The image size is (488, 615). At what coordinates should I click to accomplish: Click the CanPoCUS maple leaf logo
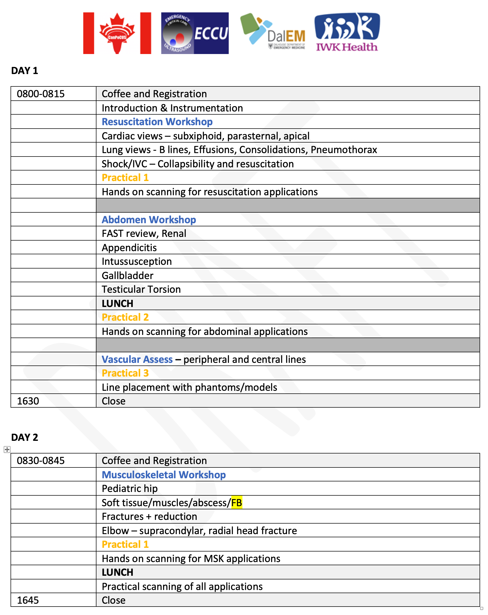117,33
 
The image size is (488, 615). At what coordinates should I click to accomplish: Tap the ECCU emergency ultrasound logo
194,33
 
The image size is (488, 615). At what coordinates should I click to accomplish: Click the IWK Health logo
347,32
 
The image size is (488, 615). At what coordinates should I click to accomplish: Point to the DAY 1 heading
25,71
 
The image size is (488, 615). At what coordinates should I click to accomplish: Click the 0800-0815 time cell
41,94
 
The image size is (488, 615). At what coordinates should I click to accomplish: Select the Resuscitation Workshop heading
157,122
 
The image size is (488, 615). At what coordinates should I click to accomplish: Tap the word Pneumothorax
344,150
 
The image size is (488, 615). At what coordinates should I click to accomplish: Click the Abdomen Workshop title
149,220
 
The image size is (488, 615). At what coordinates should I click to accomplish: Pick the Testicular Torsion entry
141,290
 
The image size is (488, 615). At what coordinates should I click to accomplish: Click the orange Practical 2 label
125,317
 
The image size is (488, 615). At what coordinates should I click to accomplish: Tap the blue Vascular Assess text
137,359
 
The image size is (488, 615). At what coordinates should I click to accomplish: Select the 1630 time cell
28,401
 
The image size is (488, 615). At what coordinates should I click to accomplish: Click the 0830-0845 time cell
41,461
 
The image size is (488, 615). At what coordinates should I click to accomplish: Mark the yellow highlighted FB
236,502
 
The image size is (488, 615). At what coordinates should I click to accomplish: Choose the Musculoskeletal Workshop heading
164,475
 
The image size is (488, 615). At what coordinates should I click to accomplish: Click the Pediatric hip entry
129,489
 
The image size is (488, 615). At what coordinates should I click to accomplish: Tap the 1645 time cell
28,600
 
